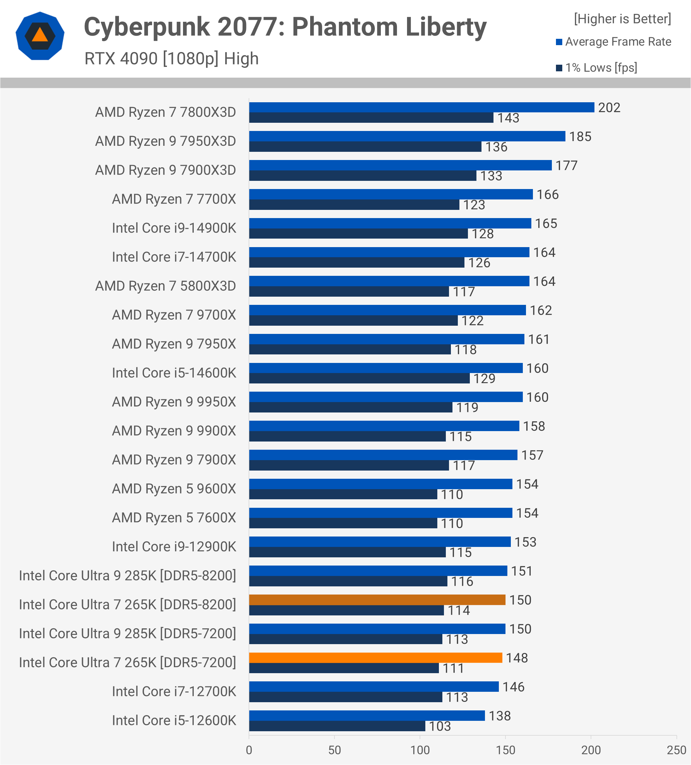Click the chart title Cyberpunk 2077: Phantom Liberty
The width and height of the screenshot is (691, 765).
285,27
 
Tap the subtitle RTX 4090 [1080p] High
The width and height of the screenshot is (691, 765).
172,59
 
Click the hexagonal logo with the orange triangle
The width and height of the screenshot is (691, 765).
40,36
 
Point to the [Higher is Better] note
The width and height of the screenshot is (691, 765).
622,19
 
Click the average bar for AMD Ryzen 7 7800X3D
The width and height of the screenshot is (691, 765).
421,107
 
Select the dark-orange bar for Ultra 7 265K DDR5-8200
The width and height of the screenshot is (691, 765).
377,600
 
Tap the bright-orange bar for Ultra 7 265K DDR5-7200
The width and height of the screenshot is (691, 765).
376,658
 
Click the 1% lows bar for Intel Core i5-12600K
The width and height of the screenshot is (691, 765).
337,726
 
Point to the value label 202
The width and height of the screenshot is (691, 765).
609,108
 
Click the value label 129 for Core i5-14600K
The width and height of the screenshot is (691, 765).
484,378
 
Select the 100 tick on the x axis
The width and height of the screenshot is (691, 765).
420,750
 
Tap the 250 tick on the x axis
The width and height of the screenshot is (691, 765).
676,750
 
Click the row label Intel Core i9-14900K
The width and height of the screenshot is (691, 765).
174,228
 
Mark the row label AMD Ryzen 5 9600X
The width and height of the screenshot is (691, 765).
174,489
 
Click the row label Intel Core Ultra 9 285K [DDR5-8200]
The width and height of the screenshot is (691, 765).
127,576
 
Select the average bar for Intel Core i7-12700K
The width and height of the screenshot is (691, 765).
374,686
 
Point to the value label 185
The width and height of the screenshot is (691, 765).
580,137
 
